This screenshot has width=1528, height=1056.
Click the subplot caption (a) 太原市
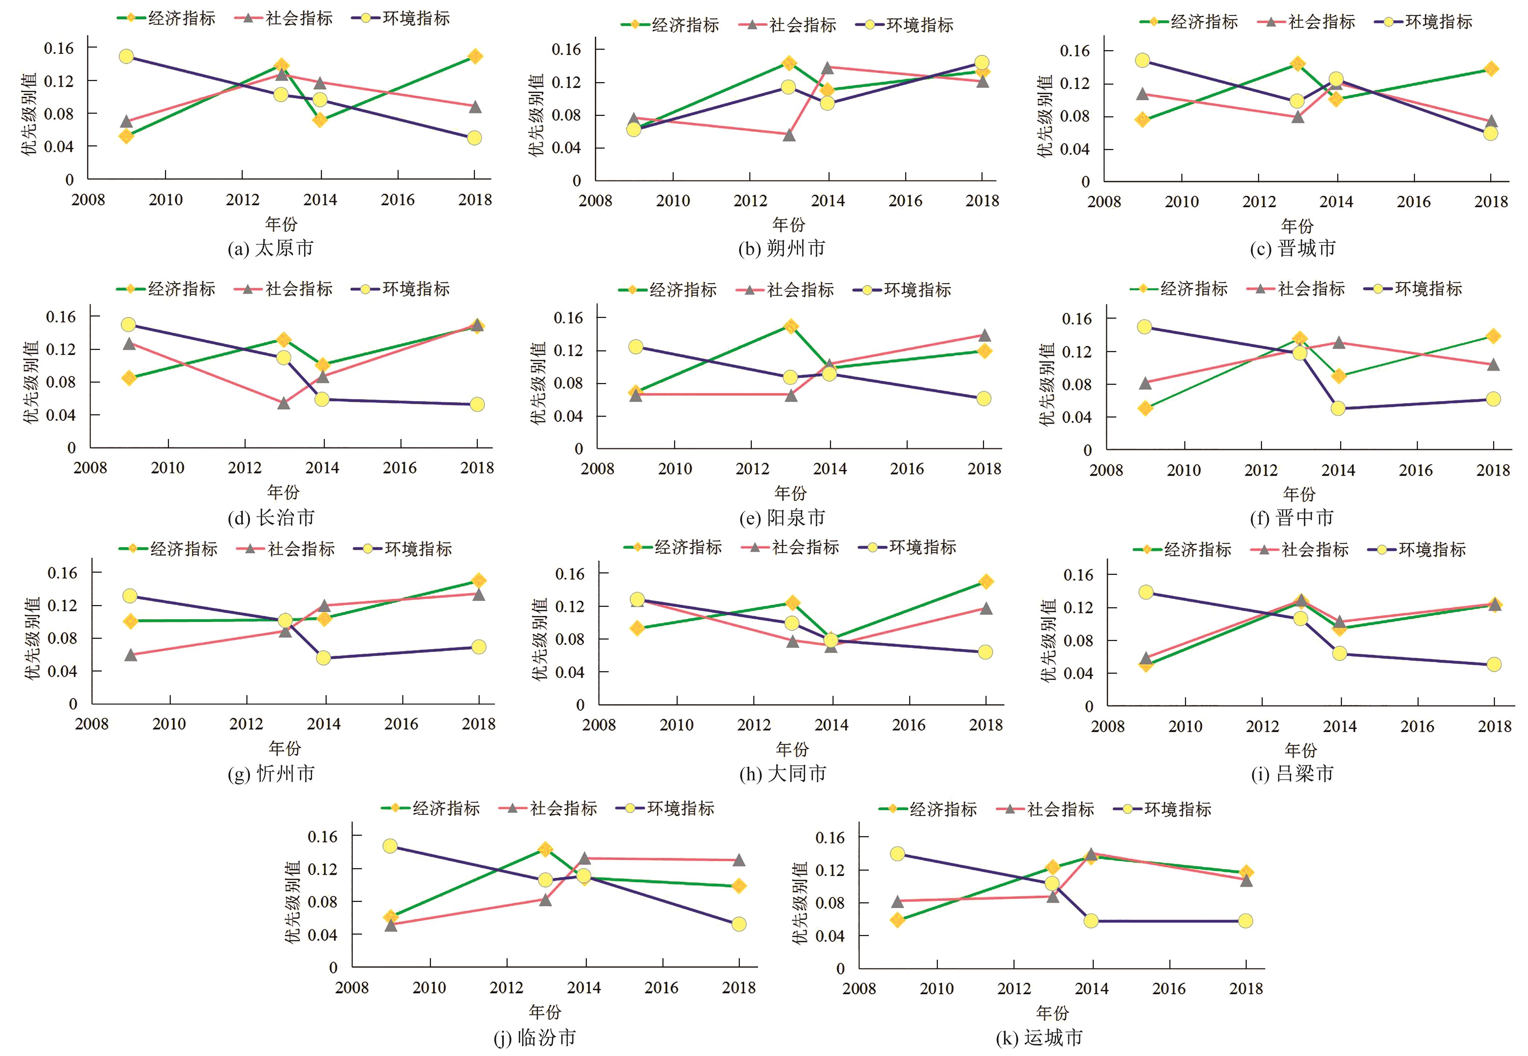click(x=271, y=249)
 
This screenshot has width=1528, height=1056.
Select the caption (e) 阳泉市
click(x=782, y=517)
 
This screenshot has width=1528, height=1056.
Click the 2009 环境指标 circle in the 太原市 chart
click(x=126, y=56)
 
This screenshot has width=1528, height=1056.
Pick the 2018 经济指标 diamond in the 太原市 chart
click(x=474, y=56)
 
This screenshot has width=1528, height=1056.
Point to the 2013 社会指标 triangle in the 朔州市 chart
click(x=789, y=135)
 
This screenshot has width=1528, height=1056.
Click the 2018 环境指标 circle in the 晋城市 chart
click(x=1490, y=133)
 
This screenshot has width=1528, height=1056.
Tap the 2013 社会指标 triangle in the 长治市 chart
click(x=284, y=402)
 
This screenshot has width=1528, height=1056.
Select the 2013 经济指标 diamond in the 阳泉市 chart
click(x=790, y=326)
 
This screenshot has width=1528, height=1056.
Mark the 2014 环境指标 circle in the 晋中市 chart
click(x=1338, y=408)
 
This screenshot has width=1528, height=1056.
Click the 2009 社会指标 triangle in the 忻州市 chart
click(x=131, y=654)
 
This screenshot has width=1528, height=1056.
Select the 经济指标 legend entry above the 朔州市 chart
click(x=670, y=25)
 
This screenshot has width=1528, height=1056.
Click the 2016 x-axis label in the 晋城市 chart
click(x=1414, y=202)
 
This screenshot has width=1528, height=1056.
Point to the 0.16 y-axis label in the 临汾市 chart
click(x=323, y=836)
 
